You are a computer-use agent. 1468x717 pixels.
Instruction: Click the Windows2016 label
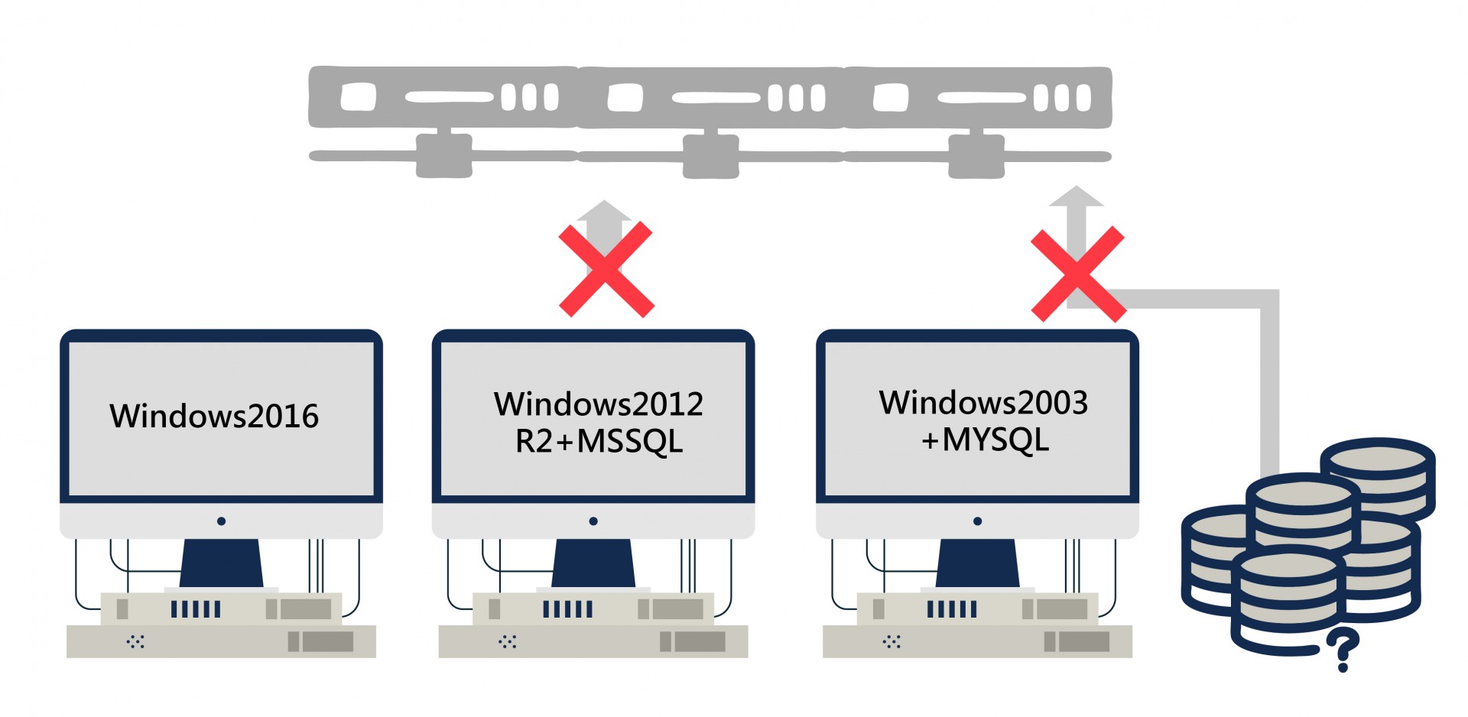tap(214, 417)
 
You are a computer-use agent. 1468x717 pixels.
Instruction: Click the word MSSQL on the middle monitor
tap(629, 442)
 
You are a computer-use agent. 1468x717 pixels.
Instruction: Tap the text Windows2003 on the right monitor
tap(983, 403)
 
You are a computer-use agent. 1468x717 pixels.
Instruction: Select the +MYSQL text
tap(985, 440)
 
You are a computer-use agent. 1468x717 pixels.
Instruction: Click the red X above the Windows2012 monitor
tap(606, 269)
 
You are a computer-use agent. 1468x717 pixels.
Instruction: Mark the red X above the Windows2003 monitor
tap(1078, 274)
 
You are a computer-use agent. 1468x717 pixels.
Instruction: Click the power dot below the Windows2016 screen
tap(221, 521)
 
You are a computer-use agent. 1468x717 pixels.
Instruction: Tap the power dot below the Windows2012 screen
tap(593, 521)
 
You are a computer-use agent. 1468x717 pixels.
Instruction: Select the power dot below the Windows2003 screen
tap(977, 521)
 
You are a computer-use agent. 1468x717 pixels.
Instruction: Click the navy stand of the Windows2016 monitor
tap(222, 563)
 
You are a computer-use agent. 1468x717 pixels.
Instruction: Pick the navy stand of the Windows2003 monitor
tap(977, 563)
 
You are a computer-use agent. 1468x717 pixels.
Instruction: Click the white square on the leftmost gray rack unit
tap(358, 98)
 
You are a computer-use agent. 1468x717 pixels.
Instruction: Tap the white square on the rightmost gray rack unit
tap(891, 98)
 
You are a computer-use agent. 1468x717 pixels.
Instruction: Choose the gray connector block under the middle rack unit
tap(710, 156)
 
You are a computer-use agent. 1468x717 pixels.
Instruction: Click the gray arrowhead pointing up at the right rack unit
tap(1076, 196)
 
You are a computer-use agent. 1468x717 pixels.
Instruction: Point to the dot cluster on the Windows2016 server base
tap(135, 641)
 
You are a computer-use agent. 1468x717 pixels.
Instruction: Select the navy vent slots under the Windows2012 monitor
tap(567, 609)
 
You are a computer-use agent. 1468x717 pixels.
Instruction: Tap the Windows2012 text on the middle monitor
tap(599, 404)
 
